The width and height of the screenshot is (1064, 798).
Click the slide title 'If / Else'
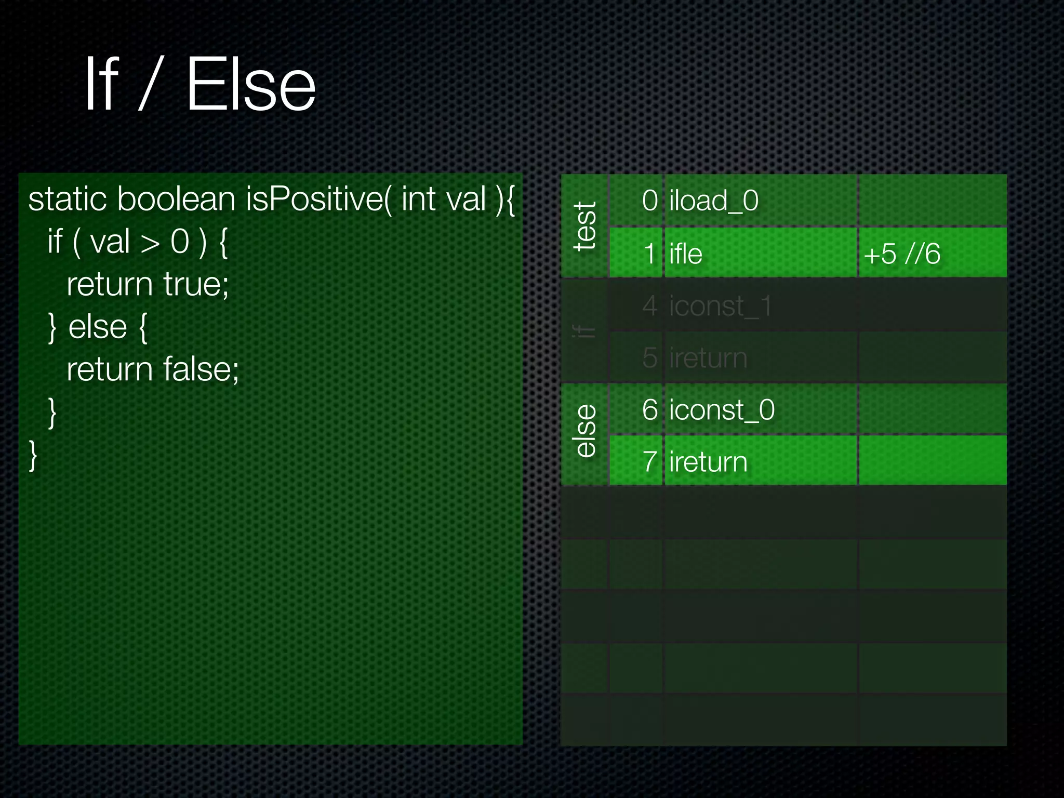pyautogui.click(x=200, y=85)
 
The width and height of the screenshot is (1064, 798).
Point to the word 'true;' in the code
pyautogui.click(x=196, y=284)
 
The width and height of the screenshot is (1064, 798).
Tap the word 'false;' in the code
pyautogui.click(x=201, y=369)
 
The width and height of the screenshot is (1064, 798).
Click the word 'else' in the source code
pyautogui.click(x=98, y=327)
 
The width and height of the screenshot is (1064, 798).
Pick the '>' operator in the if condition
pyautogui.click(x=150, y=242)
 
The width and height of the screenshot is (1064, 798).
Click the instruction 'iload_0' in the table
pyautogui.click(x=713, y=201)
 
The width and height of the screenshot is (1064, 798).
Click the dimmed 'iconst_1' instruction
pyautogui.click(x=720, y=306)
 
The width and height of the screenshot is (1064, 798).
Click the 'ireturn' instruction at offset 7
pyautogui.click(x=708, y=462)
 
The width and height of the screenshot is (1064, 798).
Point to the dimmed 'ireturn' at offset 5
pyautogui.click(x=708, y=358)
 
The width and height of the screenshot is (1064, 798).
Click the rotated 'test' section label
pyautogui.click(x=585, y=227)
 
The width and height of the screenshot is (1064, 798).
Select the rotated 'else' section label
pyautogui.click(x=585, y=431)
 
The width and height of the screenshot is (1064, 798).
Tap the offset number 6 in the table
pyautogui.click(x=650, y=410)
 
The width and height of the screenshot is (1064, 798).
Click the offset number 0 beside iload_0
pyautogui.click(x=650, y=201)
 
